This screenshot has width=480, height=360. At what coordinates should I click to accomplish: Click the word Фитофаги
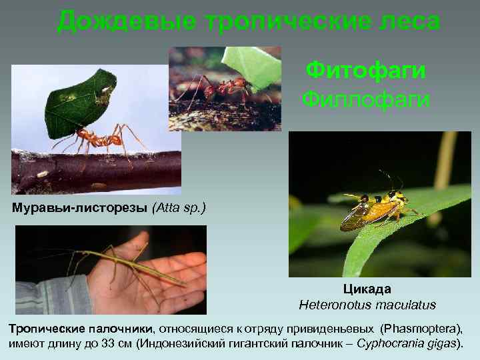[x=365, y=69]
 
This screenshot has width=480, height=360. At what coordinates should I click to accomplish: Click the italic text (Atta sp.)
[x=179, y=208]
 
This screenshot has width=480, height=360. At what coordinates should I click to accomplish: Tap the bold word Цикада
[x=367, y=289]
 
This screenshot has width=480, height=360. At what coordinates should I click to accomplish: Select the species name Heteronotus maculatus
[x=367, y=305]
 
